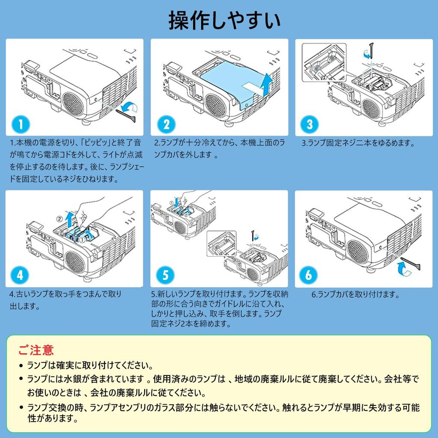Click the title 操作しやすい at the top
click(219, 21)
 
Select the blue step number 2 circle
click(166, 124)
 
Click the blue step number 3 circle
click(310, 124)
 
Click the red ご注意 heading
click(36, 350)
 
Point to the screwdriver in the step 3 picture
click(372, 49)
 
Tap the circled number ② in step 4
click(59, 219)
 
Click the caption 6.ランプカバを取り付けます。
click(355, 294)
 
